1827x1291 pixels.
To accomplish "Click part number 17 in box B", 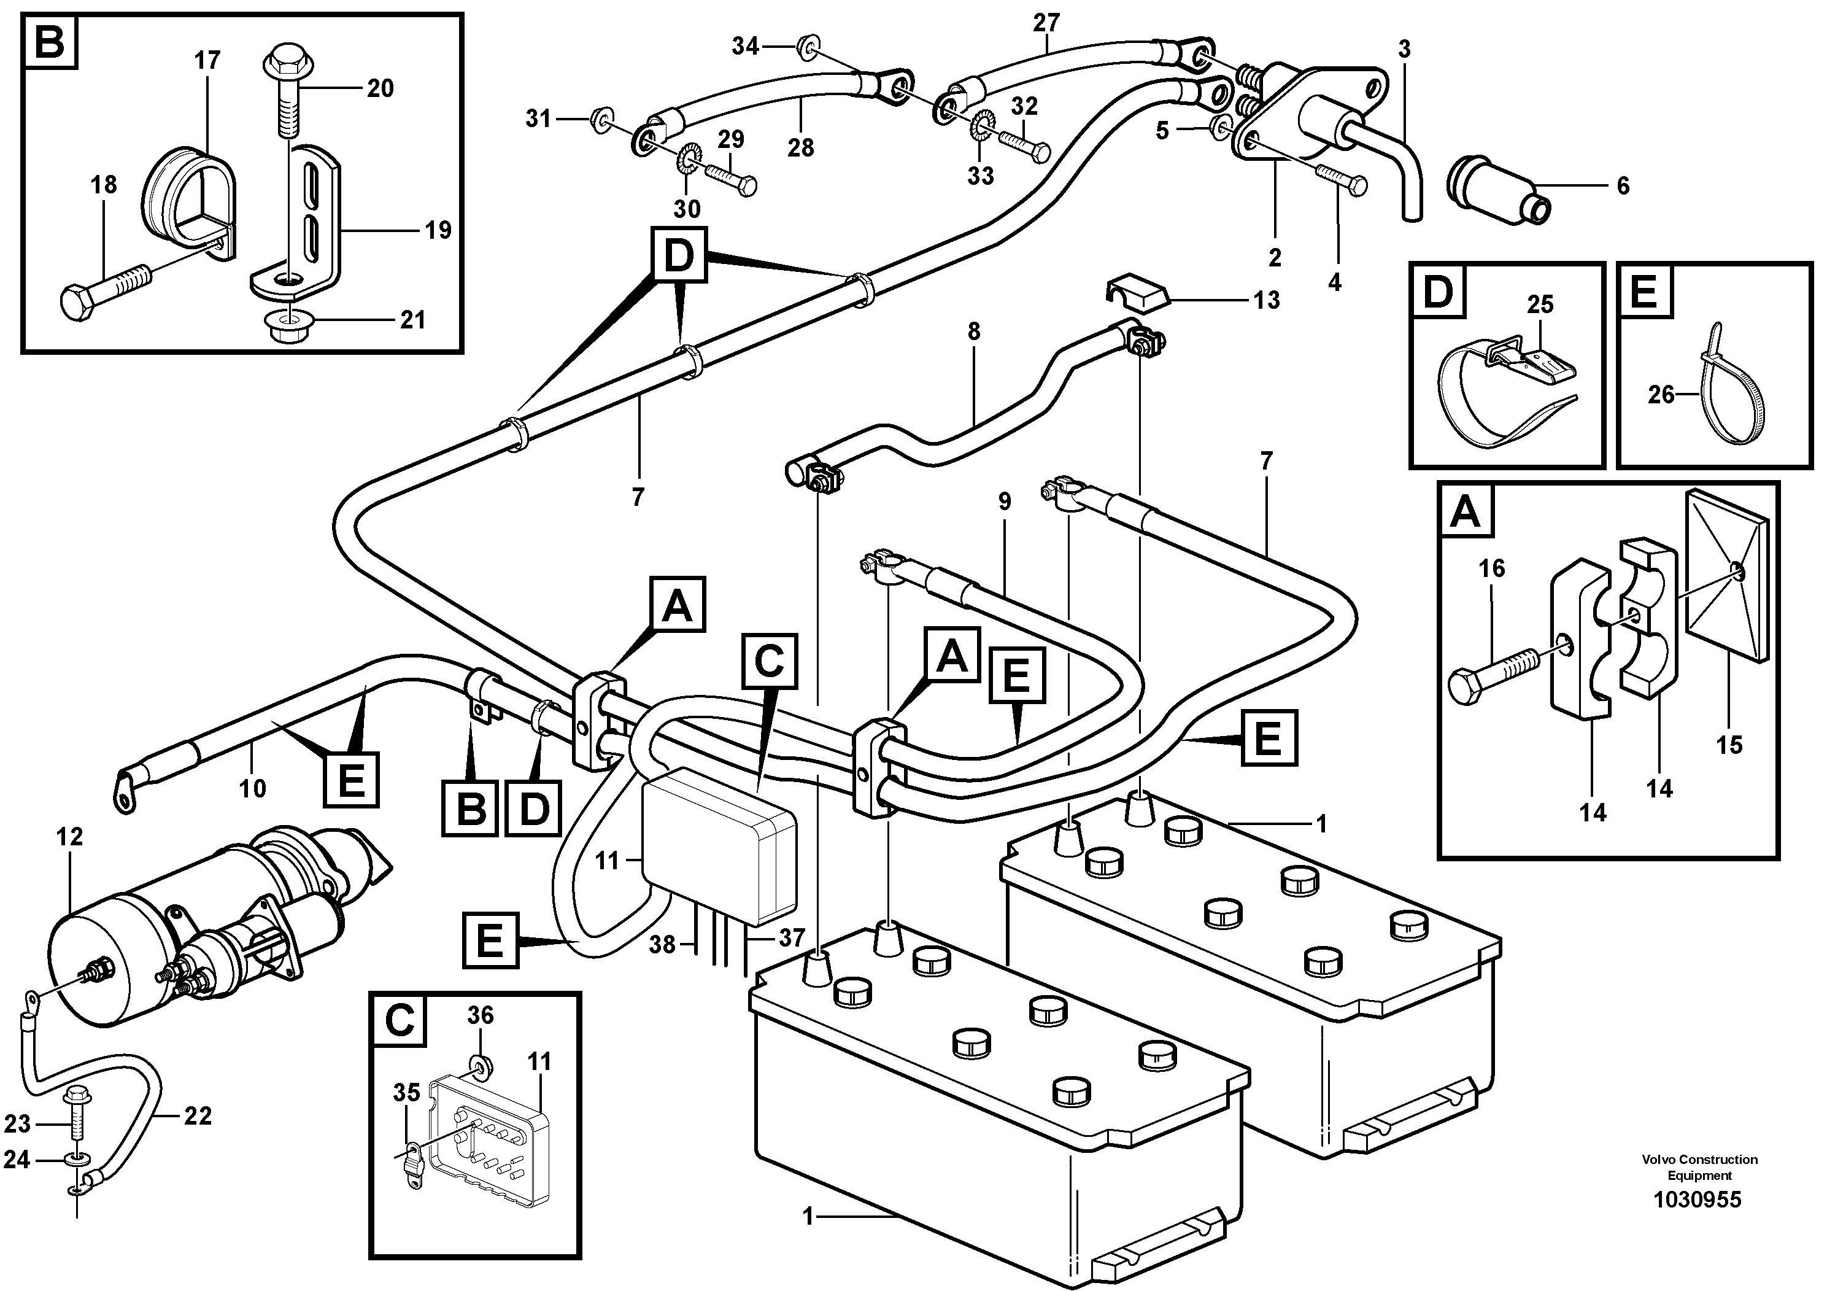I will (207, 61).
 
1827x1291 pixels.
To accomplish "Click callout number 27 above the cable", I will (1046, 24).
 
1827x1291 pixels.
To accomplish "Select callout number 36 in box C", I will (480, 1015).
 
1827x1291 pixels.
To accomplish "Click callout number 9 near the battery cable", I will (1004, 502).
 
